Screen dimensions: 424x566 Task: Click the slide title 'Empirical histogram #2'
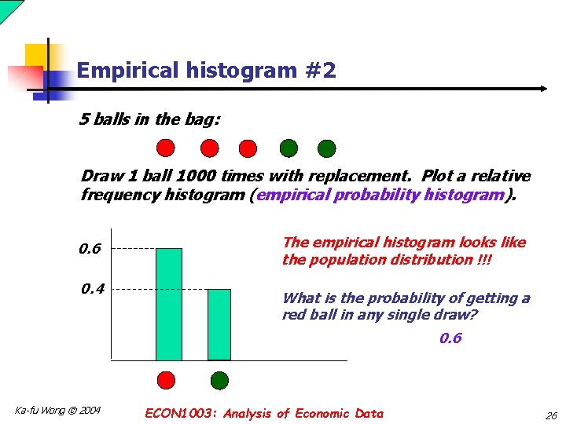click(x=207, y=71)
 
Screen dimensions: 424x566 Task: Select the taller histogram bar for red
click(x=168, y=304)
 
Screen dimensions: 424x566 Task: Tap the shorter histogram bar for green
click(x=219, y=324)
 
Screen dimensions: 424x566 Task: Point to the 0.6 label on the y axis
click(x=90, y=249)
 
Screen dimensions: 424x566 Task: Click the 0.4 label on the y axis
click(x=93, y=289)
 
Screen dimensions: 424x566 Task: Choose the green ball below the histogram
click(x=219, y=381)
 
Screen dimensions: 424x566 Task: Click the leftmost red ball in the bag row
click(x=166, y=148)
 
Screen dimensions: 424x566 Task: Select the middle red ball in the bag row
click(x=209, y=148)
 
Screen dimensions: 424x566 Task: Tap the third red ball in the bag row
click(x=248, y=148)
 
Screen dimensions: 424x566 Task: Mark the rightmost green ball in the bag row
click(x=327, y=148)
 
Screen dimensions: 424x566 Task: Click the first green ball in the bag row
click(x=289, y=148)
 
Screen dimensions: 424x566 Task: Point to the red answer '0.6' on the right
click(x=450, y=338)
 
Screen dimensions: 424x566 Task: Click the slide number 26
click(x=549, y=415)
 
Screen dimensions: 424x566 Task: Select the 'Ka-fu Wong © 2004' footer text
click(x=58, y=410)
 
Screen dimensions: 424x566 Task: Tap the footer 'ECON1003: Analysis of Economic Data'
click(x=265, y=414)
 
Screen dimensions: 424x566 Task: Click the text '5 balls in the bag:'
click(x=150, y=119)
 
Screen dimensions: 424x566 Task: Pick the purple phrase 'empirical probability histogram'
click(x=379, y=194)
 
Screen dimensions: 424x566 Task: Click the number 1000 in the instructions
click(x=207, y=176)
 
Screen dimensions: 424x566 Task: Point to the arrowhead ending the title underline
click(x=542, y=89)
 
